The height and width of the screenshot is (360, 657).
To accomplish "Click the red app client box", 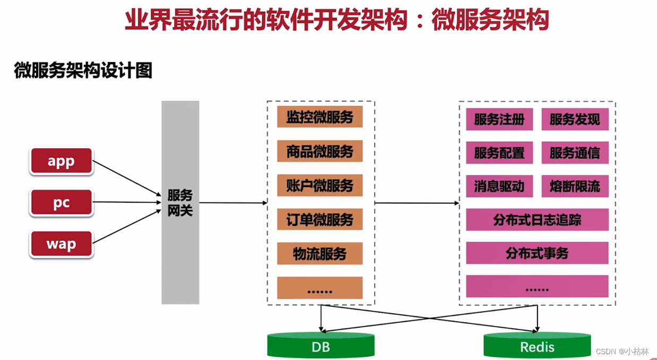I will [x=61, y=161].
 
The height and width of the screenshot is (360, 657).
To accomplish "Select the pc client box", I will [x=61, y=203].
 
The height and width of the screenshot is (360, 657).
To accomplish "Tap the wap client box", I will [x=61, y=244].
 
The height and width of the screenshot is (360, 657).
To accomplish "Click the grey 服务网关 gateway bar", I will [x=180, y=202].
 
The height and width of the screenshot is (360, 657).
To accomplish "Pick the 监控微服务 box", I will [x=319, y=117].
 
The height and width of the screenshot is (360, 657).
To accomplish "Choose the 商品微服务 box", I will [x=319, y=151].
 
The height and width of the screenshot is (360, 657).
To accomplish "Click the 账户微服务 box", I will [x=319, y=185].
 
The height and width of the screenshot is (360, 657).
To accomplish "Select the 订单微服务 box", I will [x=319, y=219].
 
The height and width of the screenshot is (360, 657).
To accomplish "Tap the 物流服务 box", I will [x=319, y=253].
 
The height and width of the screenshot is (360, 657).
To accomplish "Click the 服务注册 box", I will [x=499, y=119].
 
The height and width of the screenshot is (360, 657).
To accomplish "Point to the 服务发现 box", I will [x=575, y=119].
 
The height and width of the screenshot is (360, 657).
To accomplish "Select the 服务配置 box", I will [x=499, y=153].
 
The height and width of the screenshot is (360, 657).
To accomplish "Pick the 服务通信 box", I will [x=575, y=153].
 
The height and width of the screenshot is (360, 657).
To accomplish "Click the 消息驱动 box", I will [x=499, y=186].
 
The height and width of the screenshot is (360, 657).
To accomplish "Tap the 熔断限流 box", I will [x=575, y=186].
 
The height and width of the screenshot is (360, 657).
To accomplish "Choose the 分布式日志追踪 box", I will [x=537, y=220].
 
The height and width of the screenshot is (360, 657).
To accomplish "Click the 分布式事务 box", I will [x=537, y=253].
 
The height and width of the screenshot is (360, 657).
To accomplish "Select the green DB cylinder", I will [x=321, y=346].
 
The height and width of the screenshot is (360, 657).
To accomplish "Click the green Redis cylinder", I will [x=537, y=346].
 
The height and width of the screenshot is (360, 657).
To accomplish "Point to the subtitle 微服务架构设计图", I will [x=83, y=71].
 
